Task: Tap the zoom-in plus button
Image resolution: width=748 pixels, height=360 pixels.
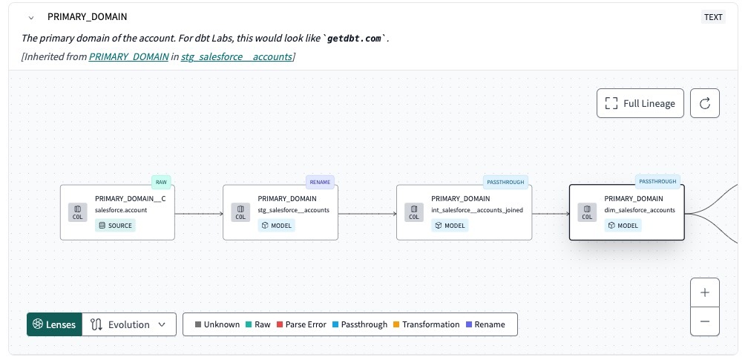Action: tap(705, 292)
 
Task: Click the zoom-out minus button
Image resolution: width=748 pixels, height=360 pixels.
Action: tap(705, 321)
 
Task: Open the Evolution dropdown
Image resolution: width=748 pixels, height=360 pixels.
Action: tap(129, 324)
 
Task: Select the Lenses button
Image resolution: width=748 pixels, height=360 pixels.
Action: tap(54, 324)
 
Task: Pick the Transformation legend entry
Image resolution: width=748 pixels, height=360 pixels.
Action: tap(426, 324)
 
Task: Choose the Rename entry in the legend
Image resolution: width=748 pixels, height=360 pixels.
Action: tap(485, 324)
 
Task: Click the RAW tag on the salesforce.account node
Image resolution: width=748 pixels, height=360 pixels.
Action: tap(161, 182)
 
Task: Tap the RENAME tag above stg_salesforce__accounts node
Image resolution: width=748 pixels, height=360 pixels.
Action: tap(321, 182)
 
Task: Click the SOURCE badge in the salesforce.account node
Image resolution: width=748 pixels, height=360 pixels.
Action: tap(115, 226)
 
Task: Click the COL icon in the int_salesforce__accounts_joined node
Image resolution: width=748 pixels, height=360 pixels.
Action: tap(413, 213)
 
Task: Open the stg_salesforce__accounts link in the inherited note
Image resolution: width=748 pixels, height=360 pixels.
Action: tap(236, 56)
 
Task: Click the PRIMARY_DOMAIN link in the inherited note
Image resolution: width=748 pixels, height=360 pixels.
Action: tap(128, 56)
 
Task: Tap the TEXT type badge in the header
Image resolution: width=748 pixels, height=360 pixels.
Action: tap(713, 17)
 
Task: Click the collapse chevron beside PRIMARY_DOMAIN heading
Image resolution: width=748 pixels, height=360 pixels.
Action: tap(30, 17)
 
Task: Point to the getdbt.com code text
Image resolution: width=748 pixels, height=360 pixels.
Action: tap(355, 38)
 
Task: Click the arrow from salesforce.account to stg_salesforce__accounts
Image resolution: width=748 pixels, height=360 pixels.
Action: tap(199, 214)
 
